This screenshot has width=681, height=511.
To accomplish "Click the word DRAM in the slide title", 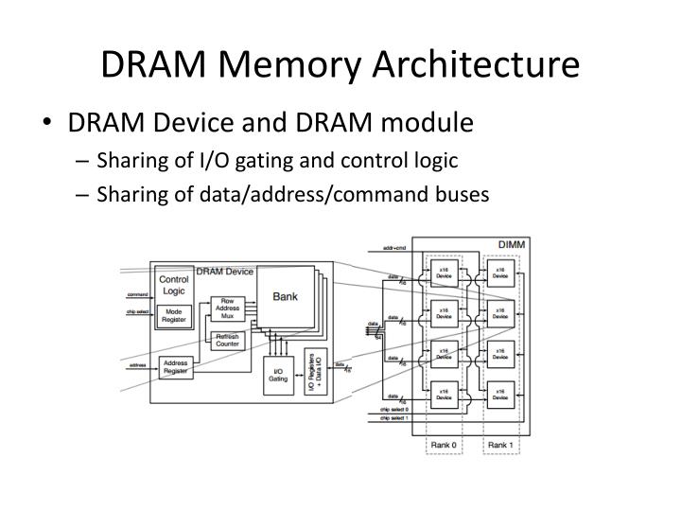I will click(146, 64).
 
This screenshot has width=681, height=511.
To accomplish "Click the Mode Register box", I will click(173, 314).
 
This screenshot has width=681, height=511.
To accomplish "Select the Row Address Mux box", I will click(228, 308).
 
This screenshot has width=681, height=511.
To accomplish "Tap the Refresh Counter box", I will click(228, 339).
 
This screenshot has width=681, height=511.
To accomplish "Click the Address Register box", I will click(175, 367).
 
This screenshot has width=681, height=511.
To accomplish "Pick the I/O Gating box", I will click(277, 375).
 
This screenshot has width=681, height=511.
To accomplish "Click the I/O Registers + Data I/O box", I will click(313, 372).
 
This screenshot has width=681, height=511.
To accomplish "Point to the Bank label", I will click(285, 296).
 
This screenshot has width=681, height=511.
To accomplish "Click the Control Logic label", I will click(173, 286).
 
